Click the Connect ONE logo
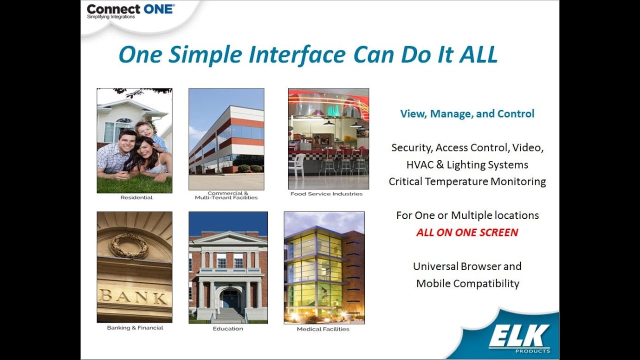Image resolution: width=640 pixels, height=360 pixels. click(x=130, y=11)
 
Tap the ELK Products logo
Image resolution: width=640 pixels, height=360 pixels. click(x=519, y=339)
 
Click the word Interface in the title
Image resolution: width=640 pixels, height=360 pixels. click(x=297, y=54)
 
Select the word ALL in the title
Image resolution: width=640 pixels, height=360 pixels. click(x=478, y=54)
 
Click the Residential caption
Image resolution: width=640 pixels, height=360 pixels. click(x=136, y=197)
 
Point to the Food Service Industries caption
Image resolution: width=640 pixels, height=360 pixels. click(x=326, y=193)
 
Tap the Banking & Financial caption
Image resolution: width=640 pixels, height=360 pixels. click(x=135, y=327)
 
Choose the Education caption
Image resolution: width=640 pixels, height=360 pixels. click(x=227, y=328)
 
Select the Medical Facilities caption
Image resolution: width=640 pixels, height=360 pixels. click(x=323, y=329)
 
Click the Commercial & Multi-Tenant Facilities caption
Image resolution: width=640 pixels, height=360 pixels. click(x=226, y=195)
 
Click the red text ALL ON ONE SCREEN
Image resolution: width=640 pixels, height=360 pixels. click(x=467, y=232)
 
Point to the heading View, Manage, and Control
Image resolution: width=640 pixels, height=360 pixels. click(x=467, y=113)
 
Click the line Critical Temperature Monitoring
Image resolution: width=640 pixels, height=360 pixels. click(x=467, y=181)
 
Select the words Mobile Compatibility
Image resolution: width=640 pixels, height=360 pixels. click(x=467, y=283)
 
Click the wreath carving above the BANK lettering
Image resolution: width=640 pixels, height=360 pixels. click(x=130, y=245)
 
